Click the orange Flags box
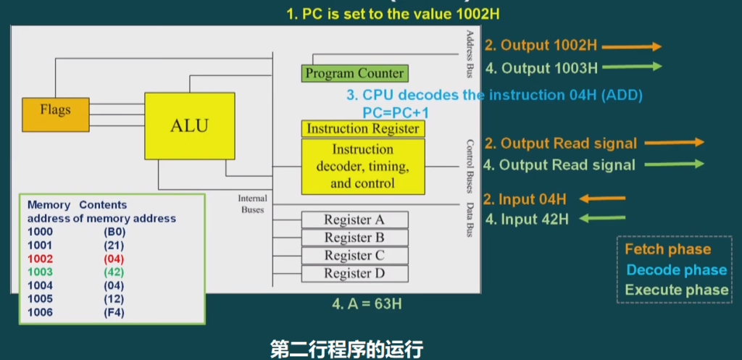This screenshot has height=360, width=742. pos(56,110)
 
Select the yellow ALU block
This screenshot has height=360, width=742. pos(189,125)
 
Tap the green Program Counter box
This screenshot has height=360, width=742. pos(354,73)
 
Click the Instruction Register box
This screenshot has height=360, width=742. pos(363,129)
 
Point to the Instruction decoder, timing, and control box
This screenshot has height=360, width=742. pos(362,167)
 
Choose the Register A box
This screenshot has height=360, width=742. pos(354,219)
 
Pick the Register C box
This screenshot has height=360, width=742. pos(354,256)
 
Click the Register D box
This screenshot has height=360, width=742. pos(354,274)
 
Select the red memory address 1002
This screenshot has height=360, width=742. pos(41,258)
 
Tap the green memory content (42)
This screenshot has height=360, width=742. pos(114,272)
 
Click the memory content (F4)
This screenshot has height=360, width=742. pos(114,313)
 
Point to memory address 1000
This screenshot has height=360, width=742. pos(41,231)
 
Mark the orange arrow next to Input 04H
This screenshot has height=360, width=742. pos(602,198)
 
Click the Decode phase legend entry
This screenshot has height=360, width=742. pos(676,270)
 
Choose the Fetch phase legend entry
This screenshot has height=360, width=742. pos(667,249)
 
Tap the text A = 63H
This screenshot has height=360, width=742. pos(367,304)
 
